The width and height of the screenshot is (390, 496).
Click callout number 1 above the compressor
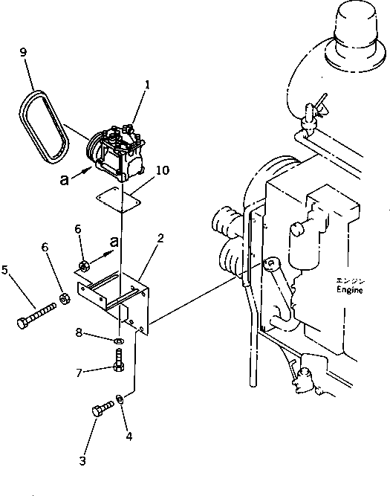(x=148, y=86)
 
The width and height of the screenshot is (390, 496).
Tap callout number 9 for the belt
(x=23, y=53)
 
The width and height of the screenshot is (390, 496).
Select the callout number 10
(x=163, y=171)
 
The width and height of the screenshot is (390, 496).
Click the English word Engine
(x=349, y=292)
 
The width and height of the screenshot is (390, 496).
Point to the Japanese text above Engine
(x=349, y=281)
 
